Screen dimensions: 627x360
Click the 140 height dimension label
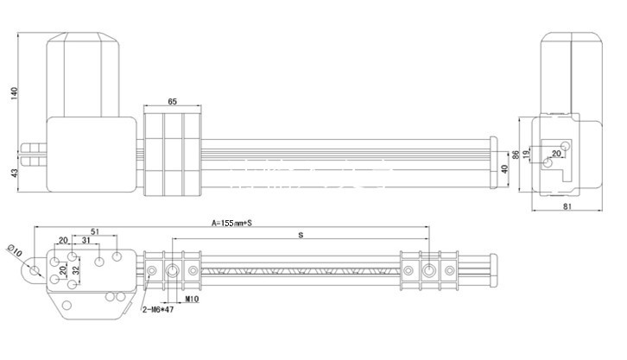click(x=15, y=93)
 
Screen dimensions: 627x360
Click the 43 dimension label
click(x=15, y=173)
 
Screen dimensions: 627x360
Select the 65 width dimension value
click(x=172, y=102)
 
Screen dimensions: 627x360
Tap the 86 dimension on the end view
click(x=516, y=155)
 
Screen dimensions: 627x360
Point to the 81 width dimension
click(x=567, y=206)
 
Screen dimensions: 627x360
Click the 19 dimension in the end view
click(x=526, y=152)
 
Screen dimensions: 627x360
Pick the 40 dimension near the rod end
click(x=504, y=169)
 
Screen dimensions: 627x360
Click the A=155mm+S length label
click(x=231, y=223)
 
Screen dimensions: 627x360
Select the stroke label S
click(x=301, y=235)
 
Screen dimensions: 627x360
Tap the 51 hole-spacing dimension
click(x=95, y=231)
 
